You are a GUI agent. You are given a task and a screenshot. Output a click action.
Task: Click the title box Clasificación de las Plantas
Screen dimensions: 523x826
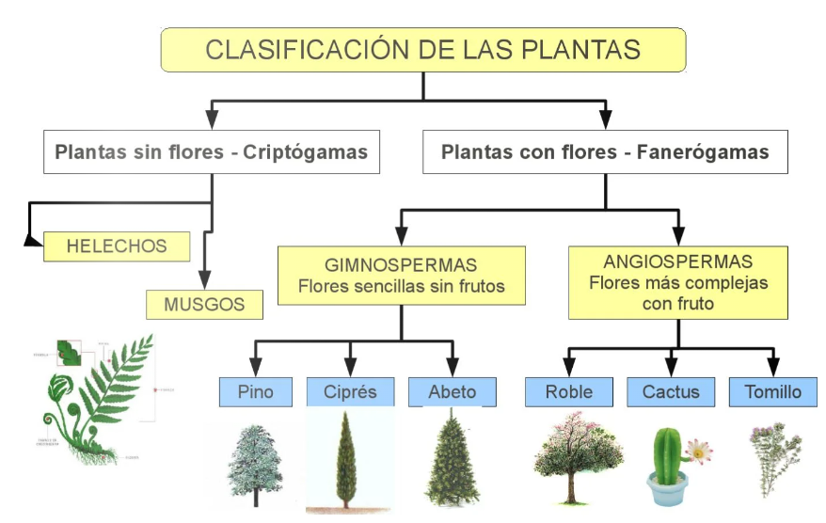422,50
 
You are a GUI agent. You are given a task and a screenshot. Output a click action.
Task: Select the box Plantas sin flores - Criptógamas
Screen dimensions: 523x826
212,151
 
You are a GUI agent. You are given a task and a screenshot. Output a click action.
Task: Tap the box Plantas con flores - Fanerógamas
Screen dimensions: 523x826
605,151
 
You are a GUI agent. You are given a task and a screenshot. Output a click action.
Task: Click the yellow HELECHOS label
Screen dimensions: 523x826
117,246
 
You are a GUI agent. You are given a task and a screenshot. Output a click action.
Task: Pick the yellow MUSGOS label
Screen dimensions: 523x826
204,304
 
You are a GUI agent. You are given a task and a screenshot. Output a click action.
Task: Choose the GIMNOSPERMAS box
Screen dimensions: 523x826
401,276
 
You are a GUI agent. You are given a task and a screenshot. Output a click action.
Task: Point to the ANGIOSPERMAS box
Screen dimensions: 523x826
678,282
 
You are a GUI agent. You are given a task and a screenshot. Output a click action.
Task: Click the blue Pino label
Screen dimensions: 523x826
256,391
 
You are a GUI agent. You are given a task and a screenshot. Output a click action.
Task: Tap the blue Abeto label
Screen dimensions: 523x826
452,391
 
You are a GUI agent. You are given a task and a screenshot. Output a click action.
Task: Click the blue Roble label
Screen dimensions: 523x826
569,391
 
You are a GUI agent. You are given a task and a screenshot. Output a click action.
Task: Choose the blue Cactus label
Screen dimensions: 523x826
671,391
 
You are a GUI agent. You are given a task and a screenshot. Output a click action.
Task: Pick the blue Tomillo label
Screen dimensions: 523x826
771,391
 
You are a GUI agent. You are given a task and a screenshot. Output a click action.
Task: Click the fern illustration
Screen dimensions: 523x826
94,395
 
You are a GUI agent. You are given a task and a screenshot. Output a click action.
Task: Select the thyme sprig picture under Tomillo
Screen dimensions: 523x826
773,458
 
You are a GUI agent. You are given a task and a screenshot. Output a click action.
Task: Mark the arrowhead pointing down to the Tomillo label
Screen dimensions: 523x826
773,366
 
